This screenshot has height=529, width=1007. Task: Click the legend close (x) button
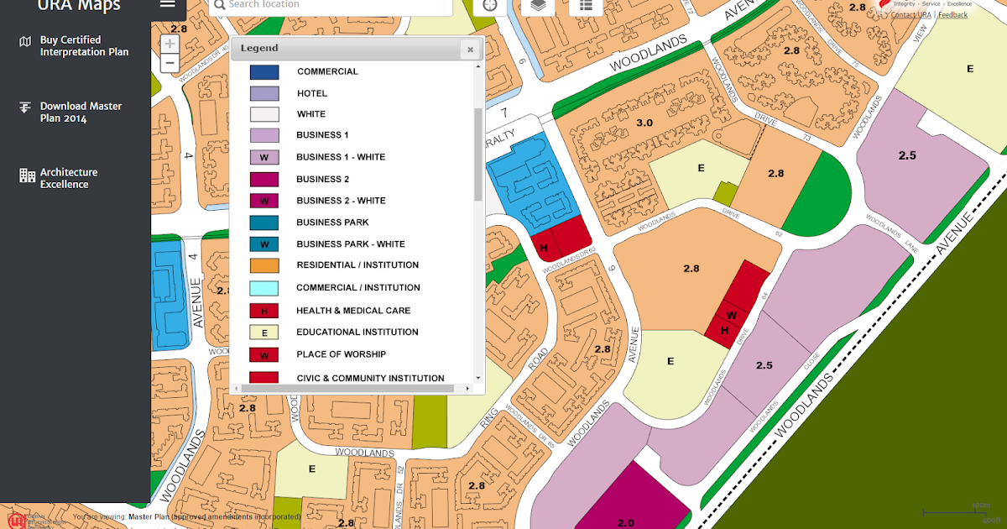coord(470,50)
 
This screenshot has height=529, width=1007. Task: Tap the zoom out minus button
coord(170,63)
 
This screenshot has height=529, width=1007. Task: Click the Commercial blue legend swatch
coord(264,72)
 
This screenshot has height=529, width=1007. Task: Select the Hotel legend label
coord(311,93)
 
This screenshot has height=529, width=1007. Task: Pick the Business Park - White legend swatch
coord(264,244)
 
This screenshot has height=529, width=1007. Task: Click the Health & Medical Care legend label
coord(352,311)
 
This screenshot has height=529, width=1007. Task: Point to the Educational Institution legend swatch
coord(264,333)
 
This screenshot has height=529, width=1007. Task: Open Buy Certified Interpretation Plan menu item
coord(84,46)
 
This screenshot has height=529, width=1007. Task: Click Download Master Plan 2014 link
coord(81,113)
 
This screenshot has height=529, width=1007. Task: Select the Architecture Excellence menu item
coord(69,178)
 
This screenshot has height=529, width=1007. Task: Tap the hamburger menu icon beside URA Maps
coord(168,4)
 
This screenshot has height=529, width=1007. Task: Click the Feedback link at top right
coord(952,15)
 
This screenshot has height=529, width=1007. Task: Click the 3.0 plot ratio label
coord(644,123)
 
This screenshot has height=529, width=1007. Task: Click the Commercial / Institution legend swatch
coord(264,288)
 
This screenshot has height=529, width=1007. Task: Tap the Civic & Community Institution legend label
coord(370,379)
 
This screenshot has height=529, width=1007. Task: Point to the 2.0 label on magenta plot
coord(626,522)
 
